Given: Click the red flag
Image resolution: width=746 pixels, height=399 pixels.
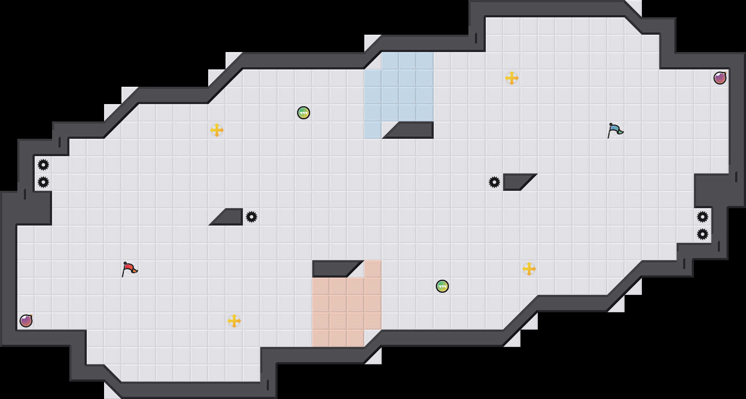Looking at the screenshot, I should (129, 269).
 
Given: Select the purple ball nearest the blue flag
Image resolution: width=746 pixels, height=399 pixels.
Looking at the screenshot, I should (720, 78).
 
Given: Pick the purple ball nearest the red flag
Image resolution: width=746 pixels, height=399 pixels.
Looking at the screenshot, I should (26, 321).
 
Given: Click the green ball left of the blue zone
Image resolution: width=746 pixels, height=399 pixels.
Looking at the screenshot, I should (304, 113).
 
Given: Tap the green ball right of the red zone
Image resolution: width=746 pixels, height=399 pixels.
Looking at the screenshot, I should (442, 286).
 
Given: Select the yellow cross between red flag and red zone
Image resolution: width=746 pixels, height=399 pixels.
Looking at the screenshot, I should (234, 321).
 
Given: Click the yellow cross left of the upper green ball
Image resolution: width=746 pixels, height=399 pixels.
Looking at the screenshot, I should (217, 130).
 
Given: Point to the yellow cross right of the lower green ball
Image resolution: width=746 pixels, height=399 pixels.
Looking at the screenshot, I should (529, 269).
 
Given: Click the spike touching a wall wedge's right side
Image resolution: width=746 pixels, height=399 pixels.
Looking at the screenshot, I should (252, 217).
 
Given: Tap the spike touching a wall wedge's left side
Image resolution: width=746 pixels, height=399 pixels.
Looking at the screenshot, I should (494, 182).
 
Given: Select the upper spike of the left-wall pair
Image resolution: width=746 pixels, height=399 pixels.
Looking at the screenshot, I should (43, 165).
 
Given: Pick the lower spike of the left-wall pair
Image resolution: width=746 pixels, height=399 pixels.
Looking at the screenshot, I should (43, 182).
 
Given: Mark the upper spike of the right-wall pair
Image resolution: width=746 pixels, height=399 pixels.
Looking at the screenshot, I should (703, 217).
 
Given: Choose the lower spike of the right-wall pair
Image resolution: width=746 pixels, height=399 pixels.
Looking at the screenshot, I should (703, 234).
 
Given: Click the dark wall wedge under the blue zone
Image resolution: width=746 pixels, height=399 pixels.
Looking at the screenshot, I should (412, 130).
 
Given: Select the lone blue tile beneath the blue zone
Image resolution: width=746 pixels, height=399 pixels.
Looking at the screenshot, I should (373, 130).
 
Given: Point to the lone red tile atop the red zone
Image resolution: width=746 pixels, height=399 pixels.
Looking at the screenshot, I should (373, 269).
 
